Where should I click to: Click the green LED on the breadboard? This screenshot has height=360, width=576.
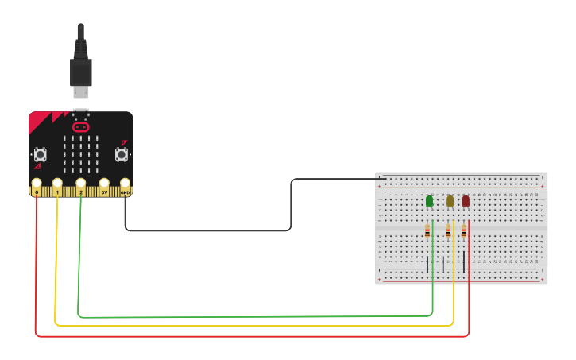[430, 201]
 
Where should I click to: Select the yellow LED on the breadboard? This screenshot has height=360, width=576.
[450, 201]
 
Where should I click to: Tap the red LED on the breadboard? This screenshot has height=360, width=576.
[466, 201]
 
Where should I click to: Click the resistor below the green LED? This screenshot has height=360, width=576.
[427, 231]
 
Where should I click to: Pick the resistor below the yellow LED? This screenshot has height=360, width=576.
[448, 231]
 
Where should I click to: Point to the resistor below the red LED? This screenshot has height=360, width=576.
[464, 231]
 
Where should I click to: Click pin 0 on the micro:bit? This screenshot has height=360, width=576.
[37, 186]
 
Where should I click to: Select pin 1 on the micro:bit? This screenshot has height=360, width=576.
[57, 186]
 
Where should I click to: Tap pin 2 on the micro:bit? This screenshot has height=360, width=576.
[81, 186]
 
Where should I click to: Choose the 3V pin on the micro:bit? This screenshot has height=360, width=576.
[104, 187]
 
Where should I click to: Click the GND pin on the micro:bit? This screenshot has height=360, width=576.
[125, 187]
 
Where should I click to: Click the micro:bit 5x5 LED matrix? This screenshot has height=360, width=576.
[81, 154]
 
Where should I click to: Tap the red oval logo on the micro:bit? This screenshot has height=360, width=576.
[81, 126]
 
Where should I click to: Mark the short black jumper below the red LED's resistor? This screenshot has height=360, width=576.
[464, 262]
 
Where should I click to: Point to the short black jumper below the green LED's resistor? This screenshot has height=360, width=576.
[427, 264]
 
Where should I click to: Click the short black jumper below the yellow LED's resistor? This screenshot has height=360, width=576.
[443, 264]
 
